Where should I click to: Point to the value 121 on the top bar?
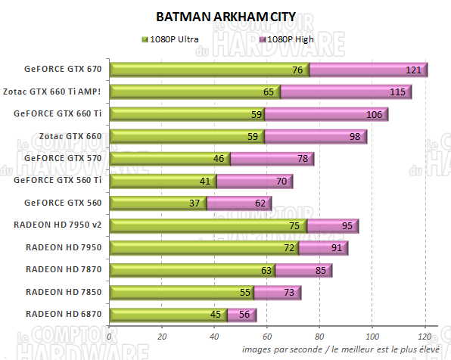[413, 70]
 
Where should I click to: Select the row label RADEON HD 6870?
[63, 313]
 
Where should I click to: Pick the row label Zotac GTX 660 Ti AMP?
[63, 92]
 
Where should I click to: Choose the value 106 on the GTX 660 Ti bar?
[374, 115]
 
